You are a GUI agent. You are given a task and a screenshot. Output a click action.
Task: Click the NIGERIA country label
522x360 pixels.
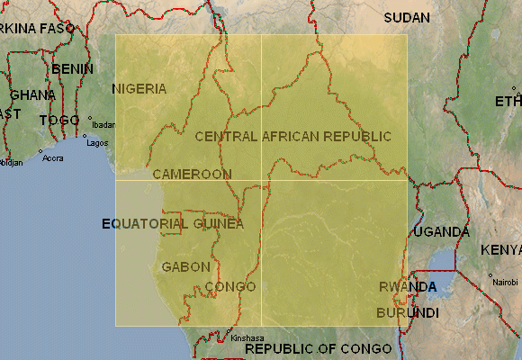pyautogui.click(x=139, y=88)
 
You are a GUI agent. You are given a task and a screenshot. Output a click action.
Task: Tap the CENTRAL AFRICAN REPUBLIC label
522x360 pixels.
pyautogui.click(x=292, y=136)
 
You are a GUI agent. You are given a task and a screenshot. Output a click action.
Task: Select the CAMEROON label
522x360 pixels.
pyautogui.click(x=192, y=173)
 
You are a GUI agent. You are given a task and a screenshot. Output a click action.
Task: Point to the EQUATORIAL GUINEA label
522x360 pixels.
pyautogui.click(x=172, y=223)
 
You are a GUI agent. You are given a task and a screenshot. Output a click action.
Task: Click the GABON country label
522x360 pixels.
pyautogui.click(x=185, y=266)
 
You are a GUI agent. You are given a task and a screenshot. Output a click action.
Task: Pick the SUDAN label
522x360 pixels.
pyautogui.click(x=407, y=17)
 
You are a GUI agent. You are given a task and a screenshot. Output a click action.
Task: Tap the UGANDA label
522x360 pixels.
pyautogui.click(x=442, y=231)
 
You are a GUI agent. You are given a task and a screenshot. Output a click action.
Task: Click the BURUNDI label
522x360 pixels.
pyautogui.click(x=407, y=312)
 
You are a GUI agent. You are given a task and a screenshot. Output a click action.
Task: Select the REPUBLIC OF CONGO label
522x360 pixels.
pyautogui.click(x=318, y=348)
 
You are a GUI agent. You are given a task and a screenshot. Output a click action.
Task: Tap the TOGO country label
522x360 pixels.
pyautogui.click(x=59, y=120)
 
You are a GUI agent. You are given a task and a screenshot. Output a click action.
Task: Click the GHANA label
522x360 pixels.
pyautogui.click(x=32, y=94)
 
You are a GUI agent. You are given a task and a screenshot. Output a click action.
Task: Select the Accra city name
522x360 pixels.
pyautogui.click(x=53, y=157)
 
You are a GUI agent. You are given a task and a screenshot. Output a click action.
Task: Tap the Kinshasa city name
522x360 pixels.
pyautogui.click(x=247, y=338)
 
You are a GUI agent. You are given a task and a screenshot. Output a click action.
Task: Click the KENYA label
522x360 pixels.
pyautogui.click(x=500, y=249)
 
